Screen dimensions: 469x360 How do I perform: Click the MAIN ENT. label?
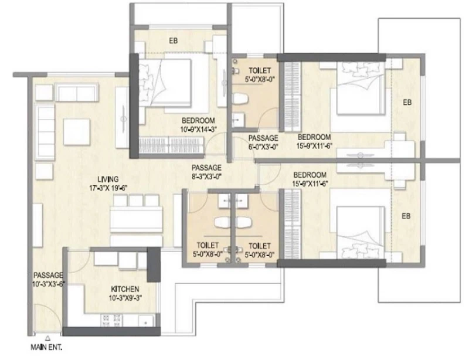(46, 348)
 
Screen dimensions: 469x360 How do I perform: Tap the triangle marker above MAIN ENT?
(47, 338)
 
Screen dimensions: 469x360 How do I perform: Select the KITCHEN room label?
(125, 289)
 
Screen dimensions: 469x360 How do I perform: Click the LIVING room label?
(108, 179)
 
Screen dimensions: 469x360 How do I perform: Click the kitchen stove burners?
(111, 320)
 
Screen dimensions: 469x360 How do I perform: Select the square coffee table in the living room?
(77, 132)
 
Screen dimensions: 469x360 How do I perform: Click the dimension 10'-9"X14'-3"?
(198, 129)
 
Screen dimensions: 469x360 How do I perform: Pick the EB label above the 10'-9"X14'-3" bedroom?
(173, 40)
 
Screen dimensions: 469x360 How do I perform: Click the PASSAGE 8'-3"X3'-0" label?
(206, 172)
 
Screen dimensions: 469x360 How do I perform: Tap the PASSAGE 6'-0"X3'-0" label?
(263, 142)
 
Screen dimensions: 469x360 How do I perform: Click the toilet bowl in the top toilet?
(240, 99)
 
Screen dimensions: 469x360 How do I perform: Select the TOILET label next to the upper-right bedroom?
(260, 70)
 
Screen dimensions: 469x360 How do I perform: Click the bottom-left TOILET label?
(208, 246)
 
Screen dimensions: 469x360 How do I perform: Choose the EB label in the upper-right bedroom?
(407, 103)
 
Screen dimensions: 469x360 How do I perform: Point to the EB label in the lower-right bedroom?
(406, 216)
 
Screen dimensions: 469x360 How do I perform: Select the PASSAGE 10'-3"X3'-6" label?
(49, 280)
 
